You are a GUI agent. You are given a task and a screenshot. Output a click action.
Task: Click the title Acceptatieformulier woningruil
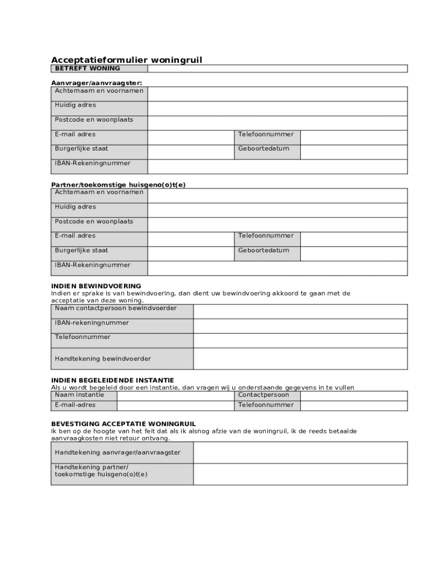[x=127, y=59]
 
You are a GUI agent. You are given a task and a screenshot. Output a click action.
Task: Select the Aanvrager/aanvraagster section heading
[x=97, y=83]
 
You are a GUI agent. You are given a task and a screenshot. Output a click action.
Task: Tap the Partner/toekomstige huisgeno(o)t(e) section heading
[x=118, y=184]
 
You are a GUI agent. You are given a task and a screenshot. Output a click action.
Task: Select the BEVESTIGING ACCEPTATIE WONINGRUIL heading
[x=123, y=423]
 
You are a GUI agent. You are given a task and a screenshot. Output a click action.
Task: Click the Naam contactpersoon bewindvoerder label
[x=116, y=308]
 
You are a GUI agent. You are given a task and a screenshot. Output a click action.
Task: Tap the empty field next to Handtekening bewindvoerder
[x=300, y=358]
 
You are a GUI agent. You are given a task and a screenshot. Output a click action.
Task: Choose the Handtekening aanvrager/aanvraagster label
[x=117, y=452]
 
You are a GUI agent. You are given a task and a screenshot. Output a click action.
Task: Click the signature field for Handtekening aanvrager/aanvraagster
[x=300, y=452]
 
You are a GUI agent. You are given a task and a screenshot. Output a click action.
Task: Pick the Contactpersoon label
[x=263, y=395]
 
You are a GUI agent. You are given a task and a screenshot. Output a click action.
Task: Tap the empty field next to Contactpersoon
[x=354, y=395]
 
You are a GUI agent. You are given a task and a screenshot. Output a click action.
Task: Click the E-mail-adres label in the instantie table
[x=75, y=405]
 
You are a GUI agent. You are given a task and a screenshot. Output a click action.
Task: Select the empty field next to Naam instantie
[x=175, y=395]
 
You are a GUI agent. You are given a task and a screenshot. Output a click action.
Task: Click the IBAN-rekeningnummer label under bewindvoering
[x=92, y=323]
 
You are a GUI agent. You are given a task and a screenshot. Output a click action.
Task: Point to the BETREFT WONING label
[x=87, y=68]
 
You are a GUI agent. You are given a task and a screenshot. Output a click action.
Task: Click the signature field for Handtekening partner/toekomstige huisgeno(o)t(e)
[x=300, y=474]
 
